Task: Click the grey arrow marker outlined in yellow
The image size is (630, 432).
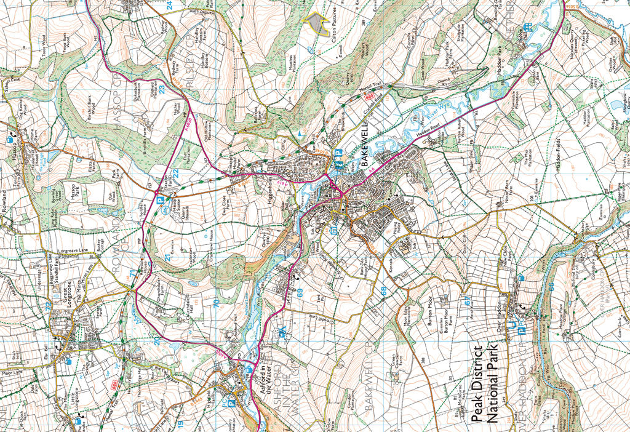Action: coord(316,23)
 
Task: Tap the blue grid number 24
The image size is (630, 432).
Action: coord(169,6)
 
